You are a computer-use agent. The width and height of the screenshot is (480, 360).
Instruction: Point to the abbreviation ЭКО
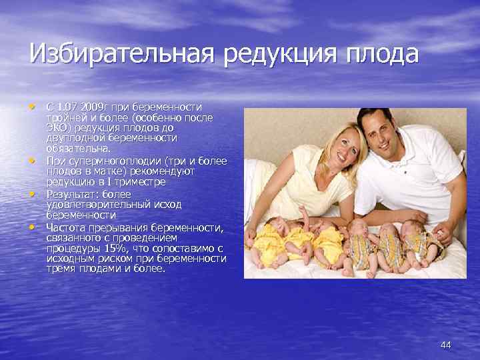(57, 127)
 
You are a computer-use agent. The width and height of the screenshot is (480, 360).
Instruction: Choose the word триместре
(135, 181)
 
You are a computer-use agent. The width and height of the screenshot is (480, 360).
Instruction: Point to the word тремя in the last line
(62, 269)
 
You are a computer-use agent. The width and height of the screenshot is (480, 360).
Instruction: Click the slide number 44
(446, 345)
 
